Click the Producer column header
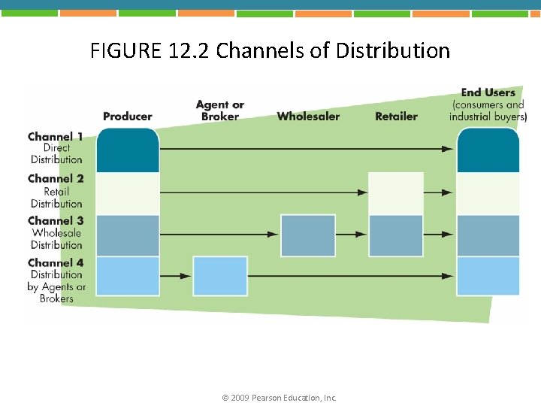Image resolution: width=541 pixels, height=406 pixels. [127, 116]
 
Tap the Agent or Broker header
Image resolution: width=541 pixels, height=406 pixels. [219, 111]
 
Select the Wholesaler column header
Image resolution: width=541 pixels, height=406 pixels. [308, 116]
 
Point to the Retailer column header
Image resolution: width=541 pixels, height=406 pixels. [396, 116]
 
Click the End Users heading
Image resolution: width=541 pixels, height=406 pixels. [488, 93]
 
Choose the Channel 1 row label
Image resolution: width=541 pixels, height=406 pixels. [56, 137]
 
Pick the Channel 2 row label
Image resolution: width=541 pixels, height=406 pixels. [56, 179]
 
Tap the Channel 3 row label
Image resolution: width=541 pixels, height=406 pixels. [56, 221]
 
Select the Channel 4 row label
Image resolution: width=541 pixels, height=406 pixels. [56, 263]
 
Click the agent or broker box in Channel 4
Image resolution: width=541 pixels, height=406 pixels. [220, 276]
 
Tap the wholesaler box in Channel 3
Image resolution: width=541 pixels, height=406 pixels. [308, 235]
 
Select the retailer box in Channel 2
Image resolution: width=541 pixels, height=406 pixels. [396, 193]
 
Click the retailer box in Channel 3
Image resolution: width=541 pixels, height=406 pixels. [396, 235]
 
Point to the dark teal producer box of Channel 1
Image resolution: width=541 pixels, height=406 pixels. [128, 150]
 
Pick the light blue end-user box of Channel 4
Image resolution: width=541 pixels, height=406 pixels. [488, 276]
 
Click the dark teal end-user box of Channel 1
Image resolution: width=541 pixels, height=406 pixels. [488, 150]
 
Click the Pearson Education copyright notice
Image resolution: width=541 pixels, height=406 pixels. [280, 397]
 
